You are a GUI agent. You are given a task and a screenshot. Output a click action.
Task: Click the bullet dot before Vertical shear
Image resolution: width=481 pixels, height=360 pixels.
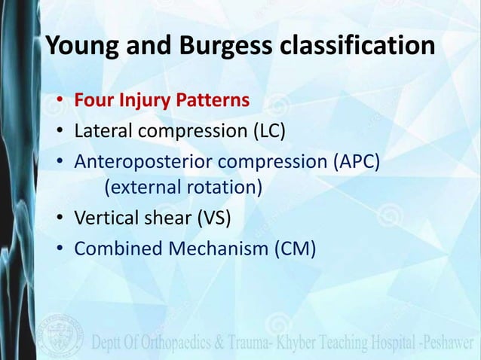[x=59, y=221]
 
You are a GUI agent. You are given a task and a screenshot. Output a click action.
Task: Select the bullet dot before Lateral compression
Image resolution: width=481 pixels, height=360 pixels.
[x=59, y=133]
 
